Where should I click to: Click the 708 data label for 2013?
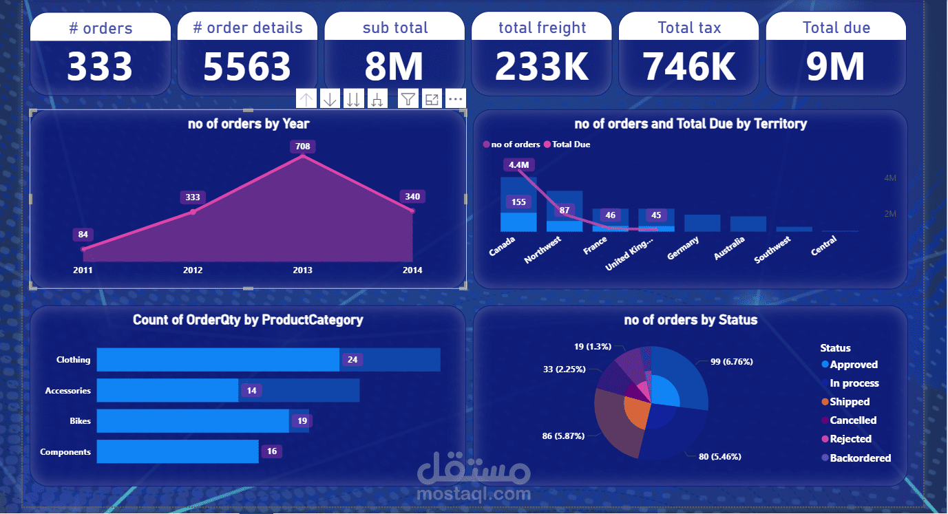(x=303, y=146)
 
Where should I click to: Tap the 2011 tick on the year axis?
(x=83, y=270)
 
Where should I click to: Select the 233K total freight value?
(x=542, y=67)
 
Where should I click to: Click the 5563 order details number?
(x=247, y=67)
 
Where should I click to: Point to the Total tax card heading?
(x=689, y=28)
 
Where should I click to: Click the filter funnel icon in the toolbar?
(x=408, y=99)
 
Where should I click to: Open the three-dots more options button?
(x=456, y=99)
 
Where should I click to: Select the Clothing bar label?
(x=73, y=360)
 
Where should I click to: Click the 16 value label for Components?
(x=271, y=451)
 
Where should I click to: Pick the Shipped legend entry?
(x=850, y=402)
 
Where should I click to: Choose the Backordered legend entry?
(x=860, y=458)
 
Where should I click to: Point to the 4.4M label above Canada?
(x=519, y=165)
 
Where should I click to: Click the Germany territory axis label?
(x=683, y=248)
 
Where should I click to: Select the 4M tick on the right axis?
(x=890, y=178)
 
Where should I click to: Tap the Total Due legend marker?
(x=548, y=144)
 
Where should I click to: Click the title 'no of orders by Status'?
(x=691, y=320)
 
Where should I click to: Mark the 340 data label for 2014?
(x=412, y=197)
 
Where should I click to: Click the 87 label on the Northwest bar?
(x=565, y=211)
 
